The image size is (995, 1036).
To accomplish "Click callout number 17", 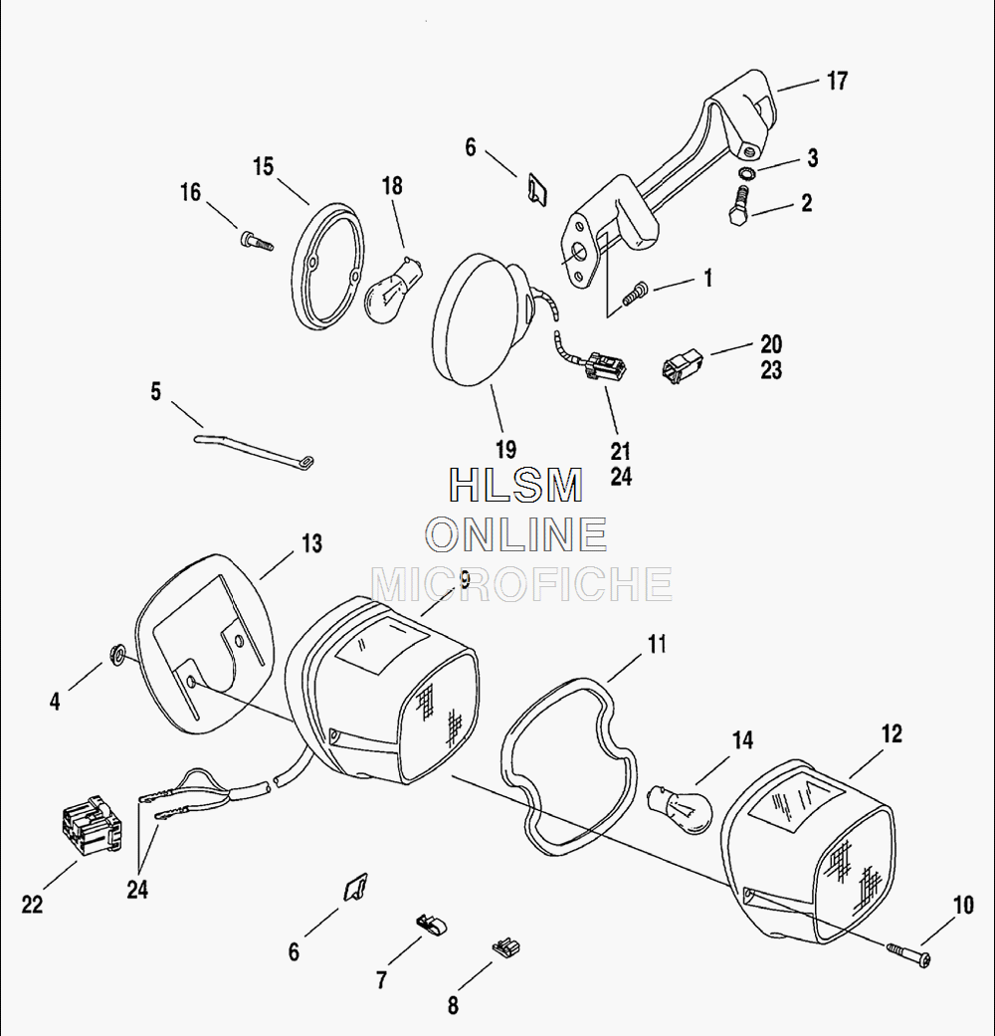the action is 837,82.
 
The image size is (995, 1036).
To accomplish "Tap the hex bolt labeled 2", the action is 740,206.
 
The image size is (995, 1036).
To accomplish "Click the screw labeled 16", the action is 257,241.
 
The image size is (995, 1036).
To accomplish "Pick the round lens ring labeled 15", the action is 327,265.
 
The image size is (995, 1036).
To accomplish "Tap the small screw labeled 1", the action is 635,294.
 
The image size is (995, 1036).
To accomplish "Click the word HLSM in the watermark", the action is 515,485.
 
